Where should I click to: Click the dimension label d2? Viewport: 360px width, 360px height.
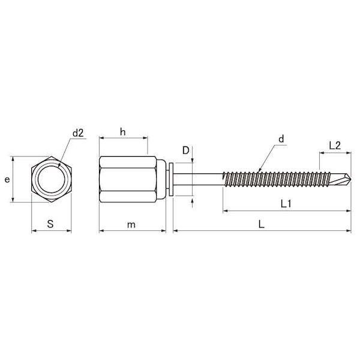78,133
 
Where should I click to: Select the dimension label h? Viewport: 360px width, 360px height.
123,132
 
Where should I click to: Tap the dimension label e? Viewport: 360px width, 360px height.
7,179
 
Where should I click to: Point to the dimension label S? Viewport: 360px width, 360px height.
50,224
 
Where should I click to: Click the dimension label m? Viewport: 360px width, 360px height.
131,225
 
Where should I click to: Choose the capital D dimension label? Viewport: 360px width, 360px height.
185,151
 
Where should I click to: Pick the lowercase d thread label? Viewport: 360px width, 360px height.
281,139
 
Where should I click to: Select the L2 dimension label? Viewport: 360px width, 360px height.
335,146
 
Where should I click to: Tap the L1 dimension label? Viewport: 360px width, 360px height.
286,203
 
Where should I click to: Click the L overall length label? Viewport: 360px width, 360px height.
261,224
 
